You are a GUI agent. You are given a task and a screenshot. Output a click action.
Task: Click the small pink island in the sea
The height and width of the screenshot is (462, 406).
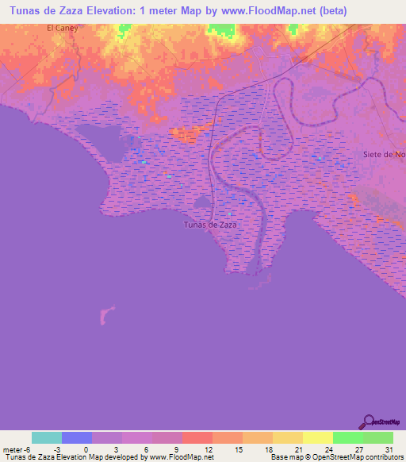point(105,315)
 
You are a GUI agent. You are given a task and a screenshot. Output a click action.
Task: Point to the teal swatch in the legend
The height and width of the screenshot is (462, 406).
point(47,437)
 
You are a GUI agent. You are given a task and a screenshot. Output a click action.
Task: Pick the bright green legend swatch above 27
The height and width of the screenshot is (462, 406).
point(347,437)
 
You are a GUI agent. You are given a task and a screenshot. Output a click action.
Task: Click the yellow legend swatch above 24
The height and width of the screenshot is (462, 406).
point(317,437)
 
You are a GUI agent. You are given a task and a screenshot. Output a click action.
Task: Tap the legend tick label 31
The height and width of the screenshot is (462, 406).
point(389,449)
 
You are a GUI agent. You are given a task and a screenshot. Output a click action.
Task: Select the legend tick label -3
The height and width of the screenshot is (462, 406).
point(58,449)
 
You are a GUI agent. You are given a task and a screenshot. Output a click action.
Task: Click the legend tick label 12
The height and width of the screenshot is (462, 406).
point(208,449)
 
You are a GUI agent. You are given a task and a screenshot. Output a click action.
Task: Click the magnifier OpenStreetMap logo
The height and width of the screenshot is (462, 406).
point(369,422)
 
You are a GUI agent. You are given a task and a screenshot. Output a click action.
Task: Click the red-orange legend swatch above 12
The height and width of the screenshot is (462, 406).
point(197,437)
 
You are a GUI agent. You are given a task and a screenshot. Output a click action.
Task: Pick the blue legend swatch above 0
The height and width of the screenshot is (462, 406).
point(77,437)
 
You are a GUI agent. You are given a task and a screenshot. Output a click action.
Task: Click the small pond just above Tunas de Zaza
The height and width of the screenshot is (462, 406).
point(202,203)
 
